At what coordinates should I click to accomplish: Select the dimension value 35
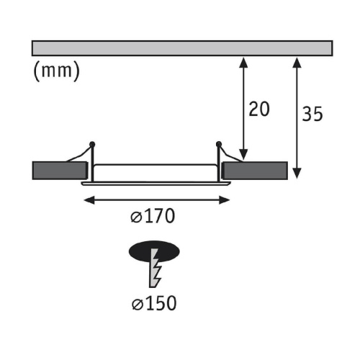coord(312,114)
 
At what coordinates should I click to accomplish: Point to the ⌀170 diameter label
coord(154,215)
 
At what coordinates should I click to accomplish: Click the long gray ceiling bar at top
coord(182,48)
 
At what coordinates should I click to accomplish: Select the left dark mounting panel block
coord(59,171)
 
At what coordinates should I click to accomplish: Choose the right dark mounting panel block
coord(253,171)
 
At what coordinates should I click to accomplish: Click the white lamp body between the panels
coord(155,171)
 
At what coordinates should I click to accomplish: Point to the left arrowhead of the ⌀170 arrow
coord(87,199)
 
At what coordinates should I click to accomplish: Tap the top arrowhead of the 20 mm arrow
coord(245,60)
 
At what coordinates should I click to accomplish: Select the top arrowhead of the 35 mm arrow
coord(297,60)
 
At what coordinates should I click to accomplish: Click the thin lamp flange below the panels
coord(155,184)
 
